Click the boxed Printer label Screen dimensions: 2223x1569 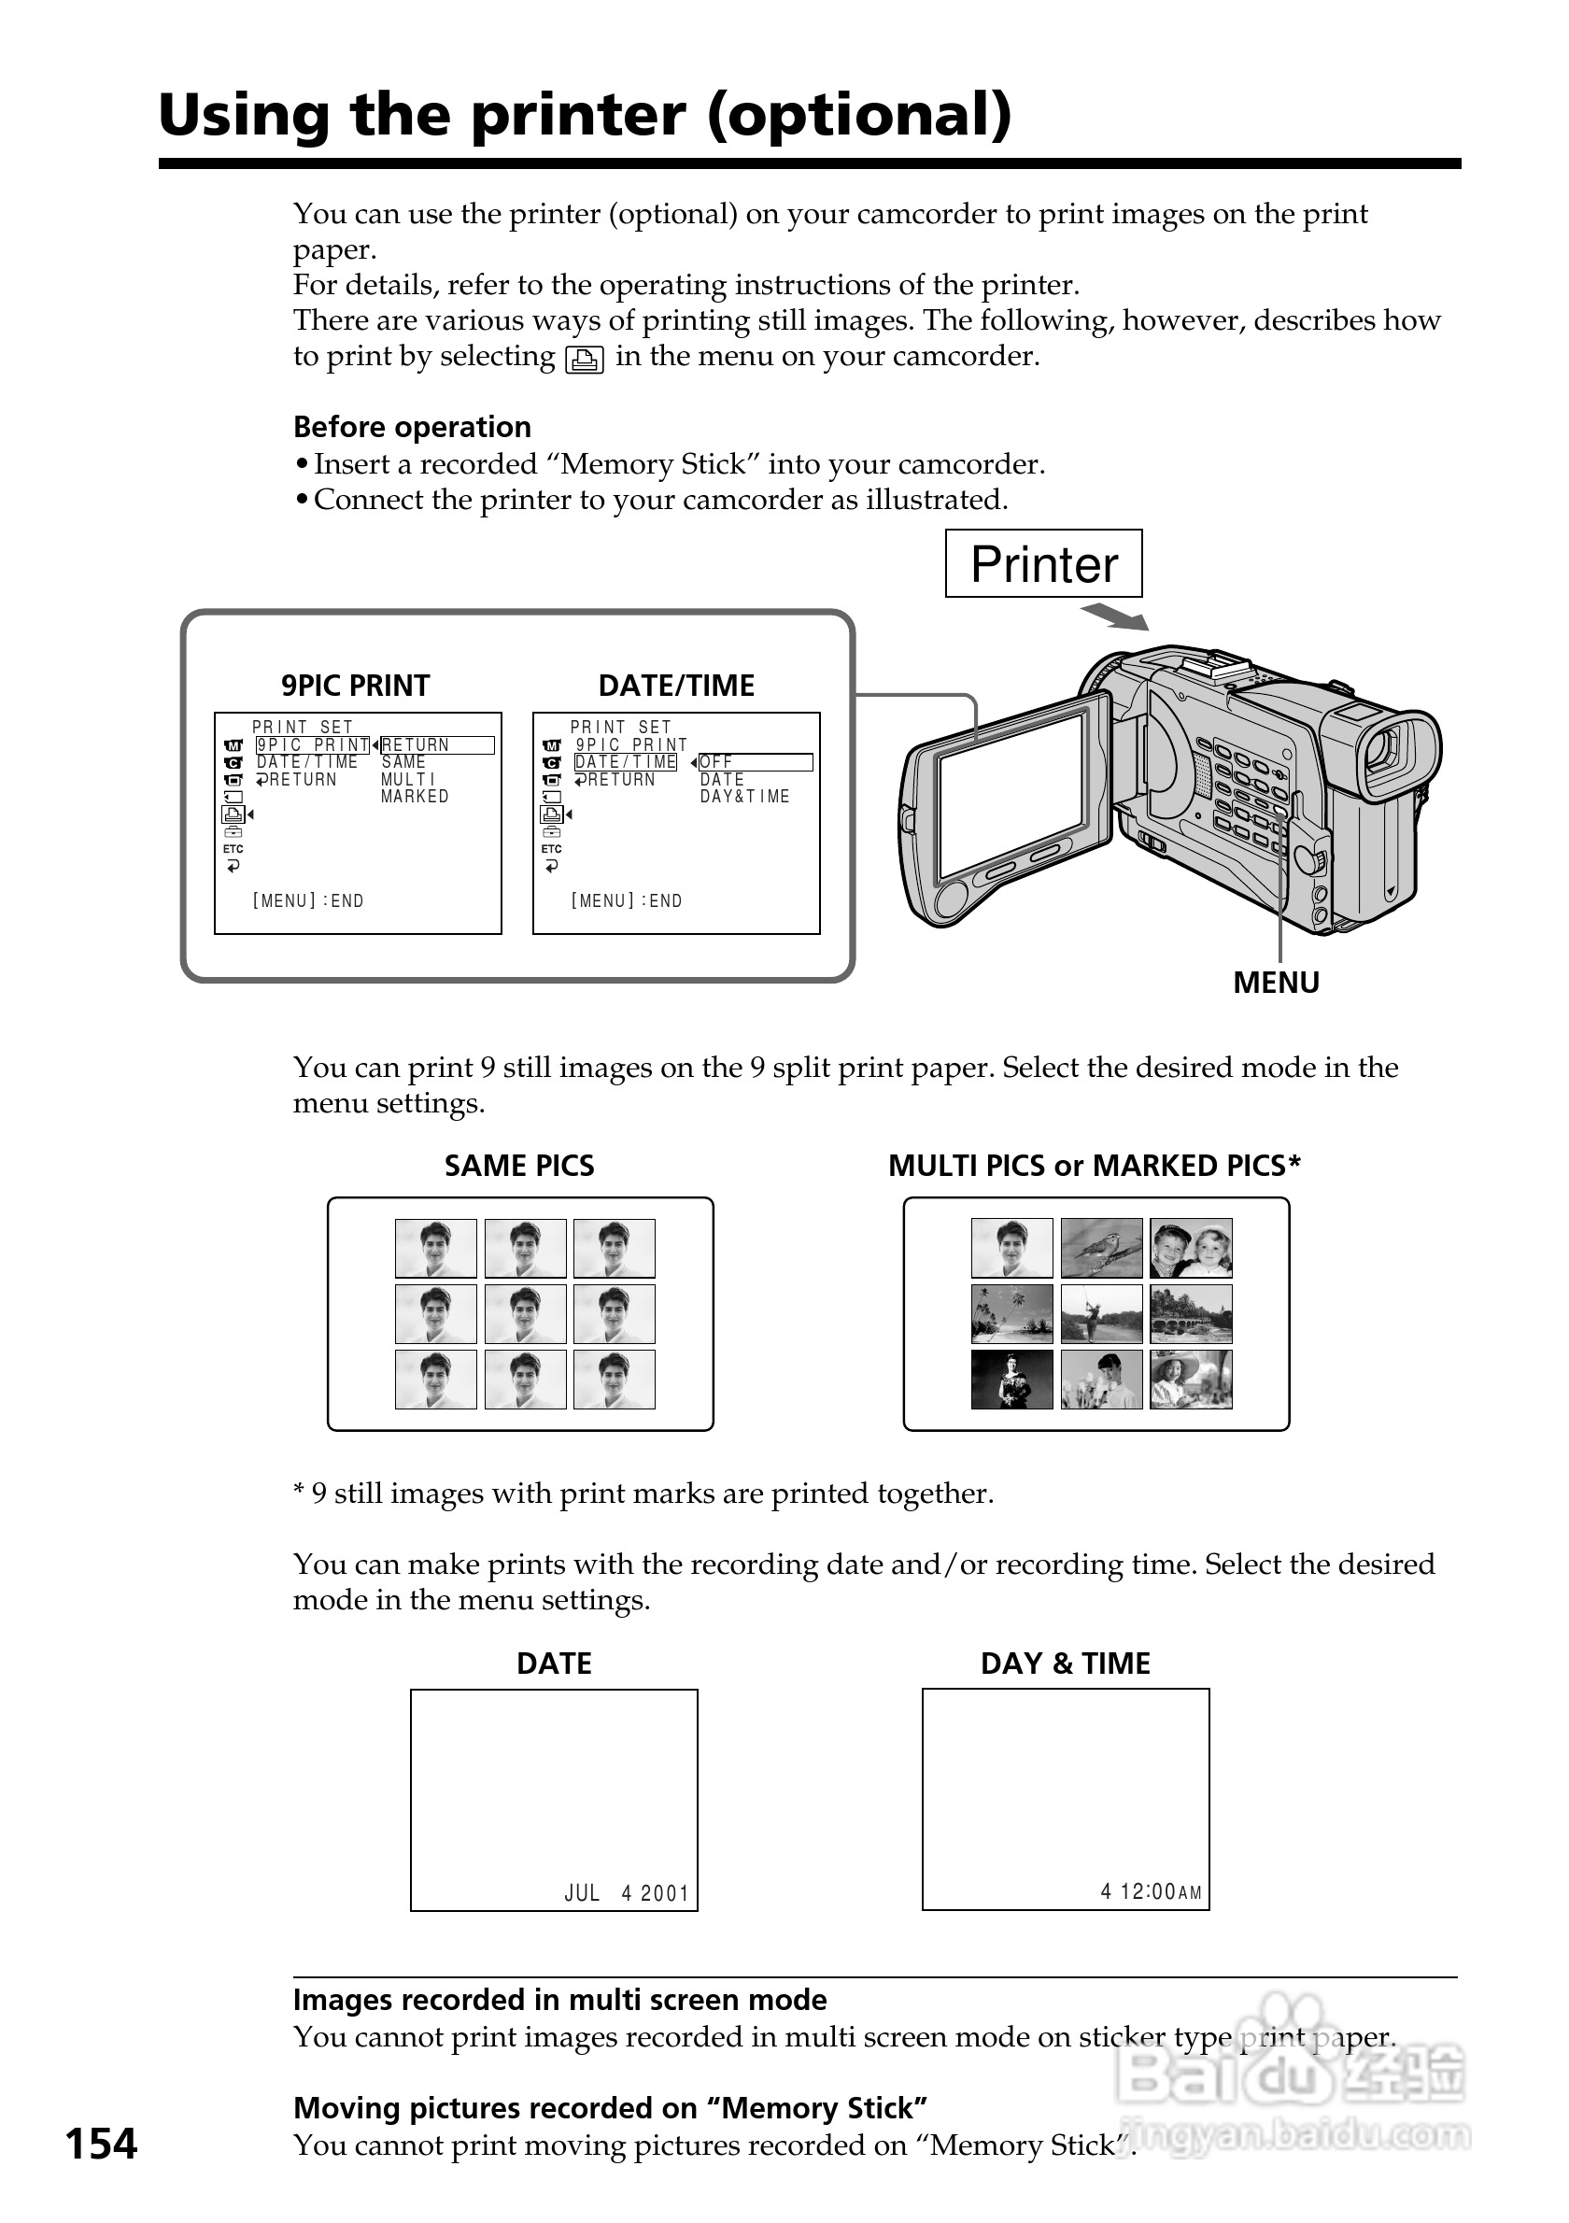tap(1042, 563)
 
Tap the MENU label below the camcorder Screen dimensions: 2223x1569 tap(1275, 983)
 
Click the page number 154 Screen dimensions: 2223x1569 tap(102, 2144)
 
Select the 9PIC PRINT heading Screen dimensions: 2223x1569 tap(355, 686)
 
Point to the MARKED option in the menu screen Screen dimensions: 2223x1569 tap(415, 797)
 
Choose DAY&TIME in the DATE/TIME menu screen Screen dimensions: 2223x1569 tap(744, 797)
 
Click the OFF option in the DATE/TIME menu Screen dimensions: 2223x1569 tap(716, 762)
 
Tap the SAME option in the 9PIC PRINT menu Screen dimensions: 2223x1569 tap(403, 762)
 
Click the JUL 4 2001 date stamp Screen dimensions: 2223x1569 tap(627, 1893)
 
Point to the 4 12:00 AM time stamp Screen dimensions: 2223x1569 tap(1150, 1890)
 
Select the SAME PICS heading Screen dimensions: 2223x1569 tap(519, 1166)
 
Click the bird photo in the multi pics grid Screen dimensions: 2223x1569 tap(1100, 1248)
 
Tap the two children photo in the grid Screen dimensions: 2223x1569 tap(1191, 1248)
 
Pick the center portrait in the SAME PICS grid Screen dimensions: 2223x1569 tap(526, 1314)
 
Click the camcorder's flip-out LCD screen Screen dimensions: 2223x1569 tap(1011, 797)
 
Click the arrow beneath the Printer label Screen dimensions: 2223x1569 tap(1114, 616)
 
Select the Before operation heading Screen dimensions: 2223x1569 tap(413, 427)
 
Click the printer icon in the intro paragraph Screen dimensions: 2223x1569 tap(585, 360)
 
